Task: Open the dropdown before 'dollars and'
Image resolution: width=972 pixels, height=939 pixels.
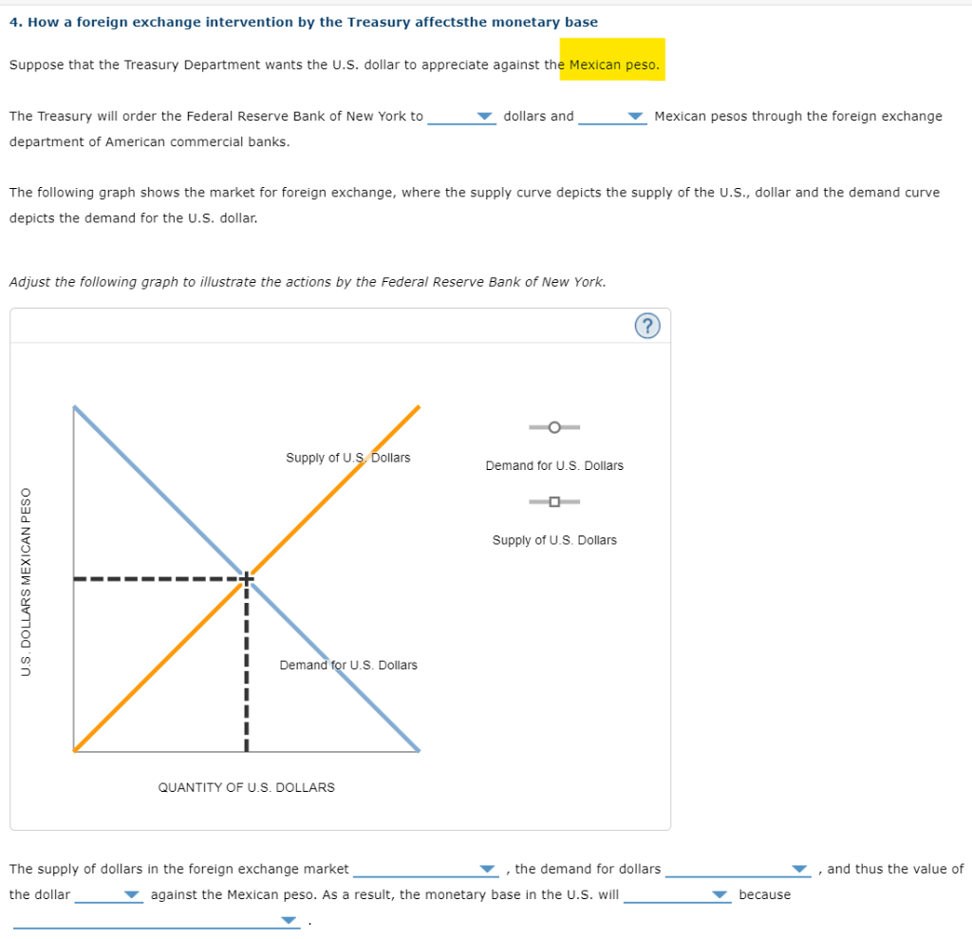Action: pyautogui.click(x=462, y=117)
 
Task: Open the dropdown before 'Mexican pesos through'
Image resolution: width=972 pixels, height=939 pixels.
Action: pyautogui.click(x=612, y=117)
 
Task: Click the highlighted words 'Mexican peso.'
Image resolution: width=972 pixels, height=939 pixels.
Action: pyautogui.click(x=613, y=65)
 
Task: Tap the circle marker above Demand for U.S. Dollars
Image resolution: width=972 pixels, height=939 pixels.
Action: pyautogui.click(x=554, y=427)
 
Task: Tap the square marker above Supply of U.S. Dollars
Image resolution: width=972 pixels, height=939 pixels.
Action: pyautogui.click(x=554, y=501)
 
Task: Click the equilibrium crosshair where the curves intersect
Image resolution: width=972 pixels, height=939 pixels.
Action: pyautogui.click(x=246, y=578)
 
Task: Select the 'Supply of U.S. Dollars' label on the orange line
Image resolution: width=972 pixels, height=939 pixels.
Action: pyautogui.click(x=347, y=458)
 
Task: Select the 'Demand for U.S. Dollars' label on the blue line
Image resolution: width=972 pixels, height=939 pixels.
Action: pyautogui.click(x=347, y=665)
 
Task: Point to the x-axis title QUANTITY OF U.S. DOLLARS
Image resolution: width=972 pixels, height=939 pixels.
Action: pyautogui.click(x=246, y=787)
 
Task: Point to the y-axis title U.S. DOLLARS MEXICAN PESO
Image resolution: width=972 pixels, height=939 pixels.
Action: pyautogui.click(x=27, y=581)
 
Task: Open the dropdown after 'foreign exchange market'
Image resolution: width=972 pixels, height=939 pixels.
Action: pyautogui.click(x=425, y=870)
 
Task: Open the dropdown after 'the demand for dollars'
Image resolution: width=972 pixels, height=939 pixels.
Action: pyautogui.click(x=737, y=870)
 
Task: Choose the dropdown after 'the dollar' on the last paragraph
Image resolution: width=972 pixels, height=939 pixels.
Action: pyautogui.click(x=108, y=895)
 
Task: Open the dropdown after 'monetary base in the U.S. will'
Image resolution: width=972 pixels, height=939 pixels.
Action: pyautogui.click(x=677, y=895)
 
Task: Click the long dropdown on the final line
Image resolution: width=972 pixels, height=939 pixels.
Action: pyautogui.click(x=156, y=921)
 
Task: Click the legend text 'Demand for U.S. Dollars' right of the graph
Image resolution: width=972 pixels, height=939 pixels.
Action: pyautogui.click(x=554, y=465)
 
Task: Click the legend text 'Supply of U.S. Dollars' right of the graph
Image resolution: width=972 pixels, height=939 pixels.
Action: pyautogui.click(x=554, y=540)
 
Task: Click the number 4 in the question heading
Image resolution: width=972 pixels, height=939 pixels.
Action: pyautogui.click(x=13, y=22)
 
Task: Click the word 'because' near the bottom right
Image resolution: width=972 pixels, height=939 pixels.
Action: pyautogui.click(x=764, y=894)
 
